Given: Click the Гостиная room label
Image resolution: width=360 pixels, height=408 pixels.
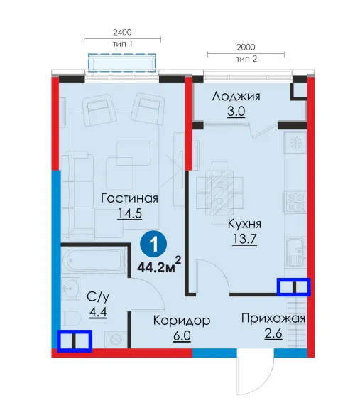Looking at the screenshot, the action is click(x=129, y=198).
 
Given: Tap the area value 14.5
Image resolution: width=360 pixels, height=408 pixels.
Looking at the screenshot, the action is click(x=130, y=213).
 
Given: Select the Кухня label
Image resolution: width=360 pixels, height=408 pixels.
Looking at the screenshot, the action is click(x=244, y=224).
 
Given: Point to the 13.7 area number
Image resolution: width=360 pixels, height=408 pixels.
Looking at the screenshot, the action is click(x=244, y=239).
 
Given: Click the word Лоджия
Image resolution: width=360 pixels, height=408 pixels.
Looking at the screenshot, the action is click(x=236, y=96).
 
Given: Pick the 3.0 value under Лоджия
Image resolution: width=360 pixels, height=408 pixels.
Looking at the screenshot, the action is click(x=236, y=112).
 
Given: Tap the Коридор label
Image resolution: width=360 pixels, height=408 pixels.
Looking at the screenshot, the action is click(x=182, y=321).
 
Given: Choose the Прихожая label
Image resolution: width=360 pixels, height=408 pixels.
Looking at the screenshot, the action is click(x=273, y=318).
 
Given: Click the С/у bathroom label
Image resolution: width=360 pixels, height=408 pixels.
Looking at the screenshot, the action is click(x=98, y=296).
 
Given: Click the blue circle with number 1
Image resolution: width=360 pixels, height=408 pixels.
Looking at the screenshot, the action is click(x=153, y=245).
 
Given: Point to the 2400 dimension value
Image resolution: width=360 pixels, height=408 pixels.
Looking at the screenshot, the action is click(x=122, y=32).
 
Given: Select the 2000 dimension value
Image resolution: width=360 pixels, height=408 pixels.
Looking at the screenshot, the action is click(x=246, y=47).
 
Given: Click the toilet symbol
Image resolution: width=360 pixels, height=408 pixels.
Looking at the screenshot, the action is click(x=72, y=318).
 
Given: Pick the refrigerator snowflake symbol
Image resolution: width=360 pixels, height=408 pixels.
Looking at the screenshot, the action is click(x=295, y=143).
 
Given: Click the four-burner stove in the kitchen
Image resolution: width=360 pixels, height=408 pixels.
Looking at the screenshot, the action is click(x=295, y=203).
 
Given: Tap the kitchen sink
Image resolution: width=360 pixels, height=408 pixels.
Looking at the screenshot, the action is click(x=295, y=252).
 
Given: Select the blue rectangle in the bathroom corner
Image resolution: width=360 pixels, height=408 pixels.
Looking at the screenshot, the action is click(x=75, y=341).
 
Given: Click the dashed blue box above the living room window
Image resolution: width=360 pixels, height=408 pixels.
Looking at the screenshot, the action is click(x=122, y=63).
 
